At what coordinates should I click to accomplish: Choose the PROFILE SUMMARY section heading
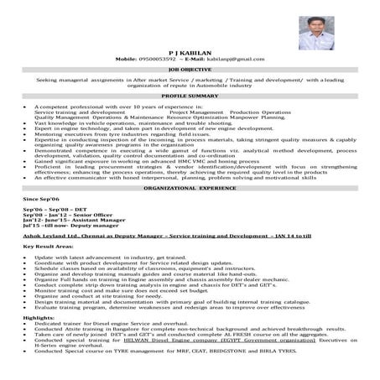[x=190, y=97]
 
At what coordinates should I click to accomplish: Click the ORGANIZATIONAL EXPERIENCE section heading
[x=190, y=190]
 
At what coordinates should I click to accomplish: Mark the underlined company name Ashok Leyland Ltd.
[x=53, y=238]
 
